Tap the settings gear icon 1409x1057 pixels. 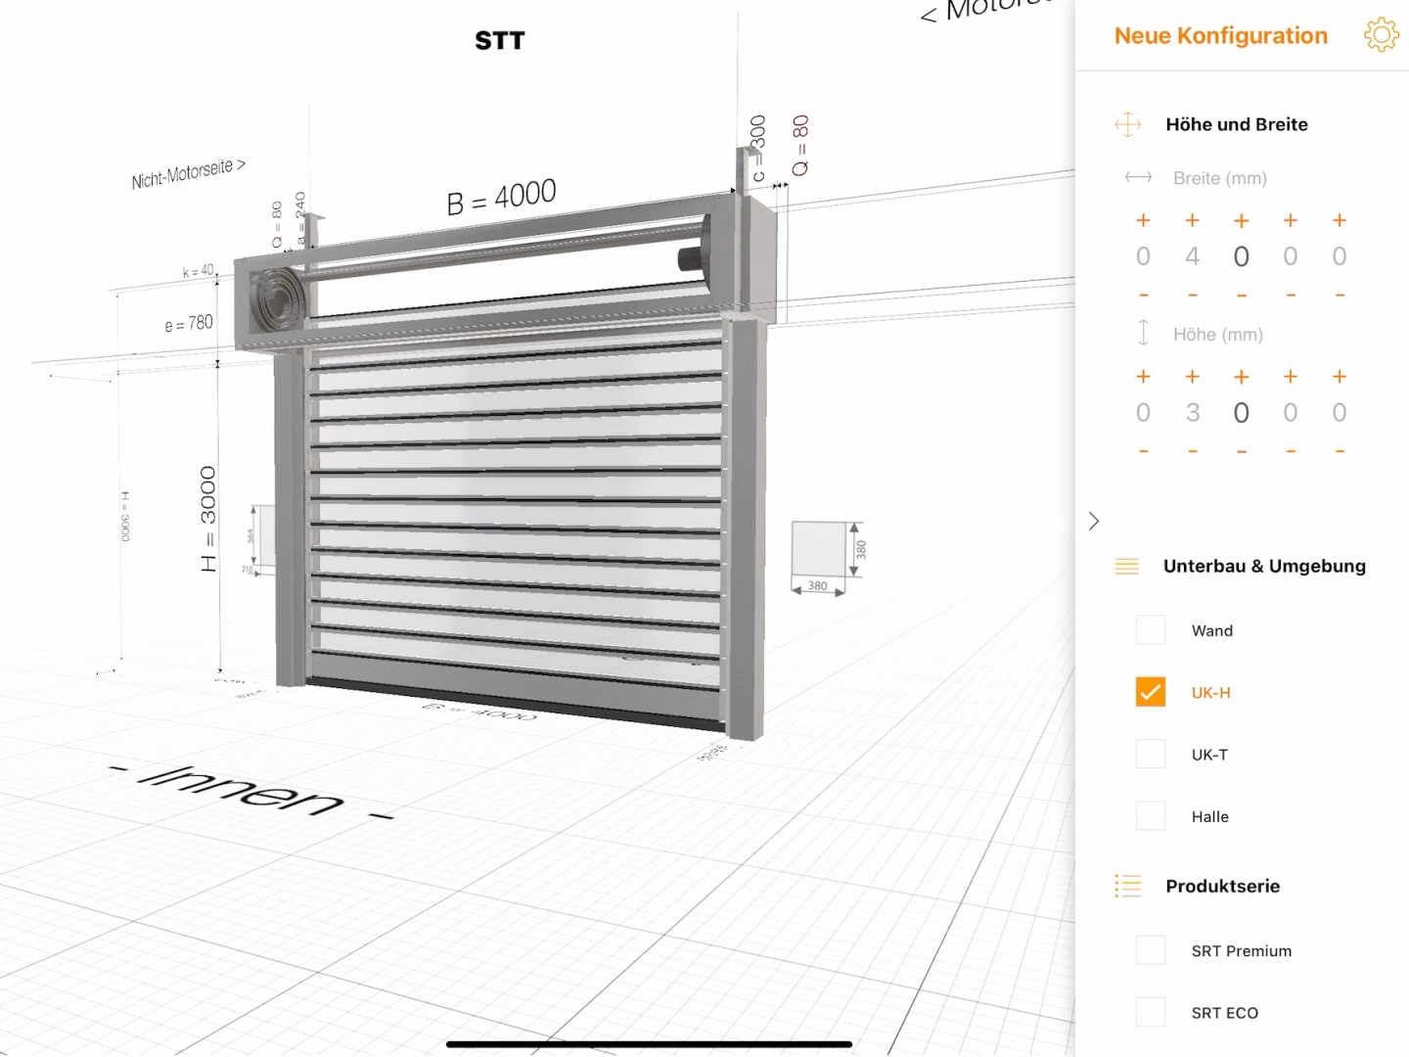[x=1381, y=35]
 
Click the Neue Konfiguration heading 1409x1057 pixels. [x=1220, y=36]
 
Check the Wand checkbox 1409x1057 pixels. [x=1151, y=630]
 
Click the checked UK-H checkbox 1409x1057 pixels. [x=1151, y=692]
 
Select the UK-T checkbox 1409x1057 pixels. [x=1151, y=755]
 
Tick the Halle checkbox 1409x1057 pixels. [x=1151, y=816]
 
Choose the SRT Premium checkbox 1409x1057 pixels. [x=1151, y=950]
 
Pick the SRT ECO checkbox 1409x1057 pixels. [x=1151, y=1012]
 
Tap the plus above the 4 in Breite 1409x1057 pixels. [x=1192, y=221]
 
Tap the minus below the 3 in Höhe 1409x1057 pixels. [x=1192, y=451]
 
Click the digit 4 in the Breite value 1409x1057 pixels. [x=1192, y=256]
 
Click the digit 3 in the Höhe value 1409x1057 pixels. [x=1192, y=413]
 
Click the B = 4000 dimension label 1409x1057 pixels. [x=501, y=197]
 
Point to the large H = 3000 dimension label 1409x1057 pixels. [x=208, y=519]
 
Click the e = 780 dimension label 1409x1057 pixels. [x=189, y=323]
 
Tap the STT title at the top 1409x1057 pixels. [x=499, y=41]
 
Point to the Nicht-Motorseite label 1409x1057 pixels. [x=188, y=173]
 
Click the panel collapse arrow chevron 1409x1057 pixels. [x=1094, y=521]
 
